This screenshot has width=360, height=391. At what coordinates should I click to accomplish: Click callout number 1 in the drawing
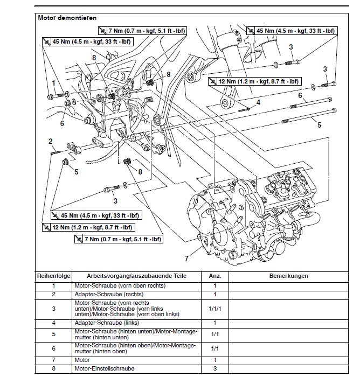[x=54, y=82]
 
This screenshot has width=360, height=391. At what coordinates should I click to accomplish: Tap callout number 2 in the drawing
[x=50, y=141]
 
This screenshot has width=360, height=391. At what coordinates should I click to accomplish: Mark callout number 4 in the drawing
[x=258, y=102]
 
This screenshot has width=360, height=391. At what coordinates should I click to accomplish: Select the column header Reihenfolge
[x=53, y=276]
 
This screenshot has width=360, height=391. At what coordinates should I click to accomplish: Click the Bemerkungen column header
[x=288, y=276]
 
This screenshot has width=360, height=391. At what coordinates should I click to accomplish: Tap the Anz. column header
[x=214, y=276]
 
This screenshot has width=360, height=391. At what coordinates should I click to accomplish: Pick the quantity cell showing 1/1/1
[x=214, y=309]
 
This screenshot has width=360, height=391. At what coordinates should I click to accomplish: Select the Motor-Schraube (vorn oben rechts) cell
[x=120, y=285]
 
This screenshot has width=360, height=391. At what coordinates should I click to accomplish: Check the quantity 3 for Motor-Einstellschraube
[x=214, y=369]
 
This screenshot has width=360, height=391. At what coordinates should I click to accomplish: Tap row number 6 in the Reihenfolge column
[x=53, y=348]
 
